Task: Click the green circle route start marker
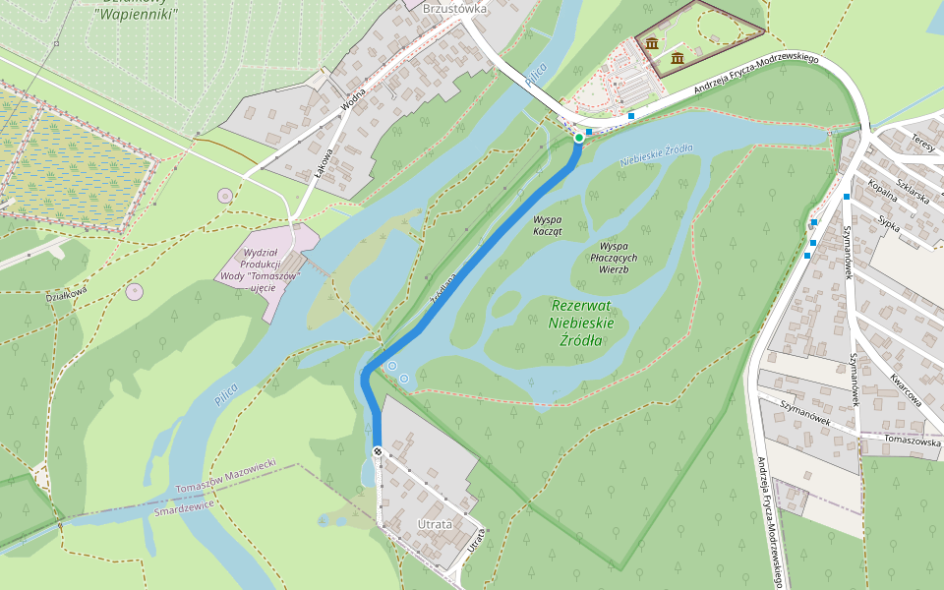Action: click(x=578, y=139)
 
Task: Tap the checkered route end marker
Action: click(x=378, y=451)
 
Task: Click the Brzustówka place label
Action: click(x=454, y=8)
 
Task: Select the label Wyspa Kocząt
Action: click(x=547, y=225)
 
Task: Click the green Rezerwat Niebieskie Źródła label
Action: click(x=580, y=323)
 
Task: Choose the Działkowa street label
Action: click(x=67, y=292)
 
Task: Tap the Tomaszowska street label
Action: click(x=912, y=441)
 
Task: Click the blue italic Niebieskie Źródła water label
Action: click(x=656, y=153)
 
